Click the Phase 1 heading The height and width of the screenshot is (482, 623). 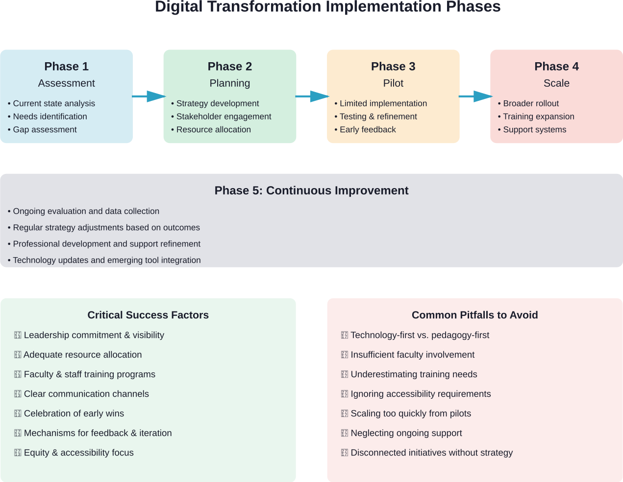66,67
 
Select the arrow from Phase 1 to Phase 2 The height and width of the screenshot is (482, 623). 149,96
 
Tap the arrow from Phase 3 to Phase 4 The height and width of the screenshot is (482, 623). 475,96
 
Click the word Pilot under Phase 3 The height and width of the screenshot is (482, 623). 393,83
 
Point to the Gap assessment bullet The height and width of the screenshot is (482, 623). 45,130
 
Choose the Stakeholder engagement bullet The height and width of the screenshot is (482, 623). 224,117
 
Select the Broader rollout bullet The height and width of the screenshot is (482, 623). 531,103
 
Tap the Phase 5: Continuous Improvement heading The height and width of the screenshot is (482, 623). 311,191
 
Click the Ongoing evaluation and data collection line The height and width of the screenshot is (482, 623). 86,211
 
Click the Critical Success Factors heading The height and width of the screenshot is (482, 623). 148,315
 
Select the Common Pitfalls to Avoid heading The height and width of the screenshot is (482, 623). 474,315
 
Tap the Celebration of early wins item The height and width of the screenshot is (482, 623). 74,413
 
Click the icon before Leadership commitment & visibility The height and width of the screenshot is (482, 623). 18,335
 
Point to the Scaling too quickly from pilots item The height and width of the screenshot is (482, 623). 411,413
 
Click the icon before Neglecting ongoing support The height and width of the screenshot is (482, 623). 345,433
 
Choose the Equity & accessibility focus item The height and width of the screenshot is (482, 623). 78,453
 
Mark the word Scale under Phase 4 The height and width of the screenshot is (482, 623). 556,83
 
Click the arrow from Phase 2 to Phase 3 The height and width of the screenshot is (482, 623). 312,96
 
